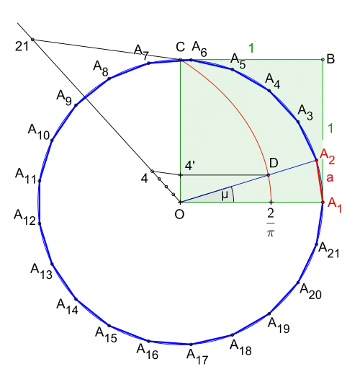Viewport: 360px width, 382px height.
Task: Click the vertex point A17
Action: pos(191,345)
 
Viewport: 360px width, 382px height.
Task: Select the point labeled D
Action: pos(269,175)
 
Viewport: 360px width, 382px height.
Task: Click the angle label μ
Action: pos(225,195)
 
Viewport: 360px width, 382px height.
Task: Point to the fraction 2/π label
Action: pos(271,223)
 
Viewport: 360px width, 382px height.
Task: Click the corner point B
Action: pos(323,59)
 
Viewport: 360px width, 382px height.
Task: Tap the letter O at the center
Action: pos(179,215)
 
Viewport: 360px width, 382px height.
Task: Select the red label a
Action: pos(330,177)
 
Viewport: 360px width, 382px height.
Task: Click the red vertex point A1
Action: pos(323,203)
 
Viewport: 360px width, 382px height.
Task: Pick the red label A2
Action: pos(328,156)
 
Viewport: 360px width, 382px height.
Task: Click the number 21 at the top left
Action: pos(22,46)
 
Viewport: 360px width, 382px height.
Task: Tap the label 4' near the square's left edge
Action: pos(190,166)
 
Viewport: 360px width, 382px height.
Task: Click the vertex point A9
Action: pos(76,105)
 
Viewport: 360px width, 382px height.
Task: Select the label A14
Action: pos(68,307)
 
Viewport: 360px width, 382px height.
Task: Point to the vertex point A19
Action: pos(269,314)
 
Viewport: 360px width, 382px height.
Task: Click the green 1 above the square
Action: pos(251,48)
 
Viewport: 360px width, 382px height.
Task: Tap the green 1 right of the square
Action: pos(330,128)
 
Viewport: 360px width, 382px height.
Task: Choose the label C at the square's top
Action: pos(181,47)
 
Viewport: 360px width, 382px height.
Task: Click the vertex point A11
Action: pos(40,181)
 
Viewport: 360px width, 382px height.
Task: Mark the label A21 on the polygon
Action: pos(329,250)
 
